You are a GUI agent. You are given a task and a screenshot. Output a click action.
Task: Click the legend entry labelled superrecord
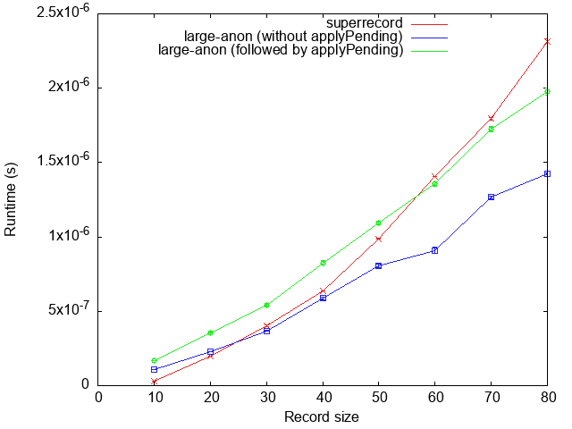pos(366,22)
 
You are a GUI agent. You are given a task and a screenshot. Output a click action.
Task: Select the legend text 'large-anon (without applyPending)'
pos(293,37)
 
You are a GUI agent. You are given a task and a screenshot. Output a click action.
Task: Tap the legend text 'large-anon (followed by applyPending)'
pos(281,50)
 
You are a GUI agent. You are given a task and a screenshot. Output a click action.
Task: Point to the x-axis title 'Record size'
pos(322,416)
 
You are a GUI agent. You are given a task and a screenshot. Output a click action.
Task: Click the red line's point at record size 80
pos(548,41)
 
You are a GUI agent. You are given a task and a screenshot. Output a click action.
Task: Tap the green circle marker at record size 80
pos(548,91)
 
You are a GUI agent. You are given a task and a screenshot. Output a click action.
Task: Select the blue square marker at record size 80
pos(548,173)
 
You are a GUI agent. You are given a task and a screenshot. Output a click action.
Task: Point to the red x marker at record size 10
pos(154,382)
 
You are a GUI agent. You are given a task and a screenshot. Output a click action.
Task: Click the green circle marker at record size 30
pos(266,305)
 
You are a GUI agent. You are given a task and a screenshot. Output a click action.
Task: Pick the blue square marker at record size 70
pos(492,197)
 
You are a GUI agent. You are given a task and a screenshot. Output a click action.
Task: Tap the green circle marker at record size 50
pos(379,223)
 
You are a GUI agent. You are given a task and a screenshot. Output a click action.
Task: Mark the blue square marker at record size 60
pos(435,250)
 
